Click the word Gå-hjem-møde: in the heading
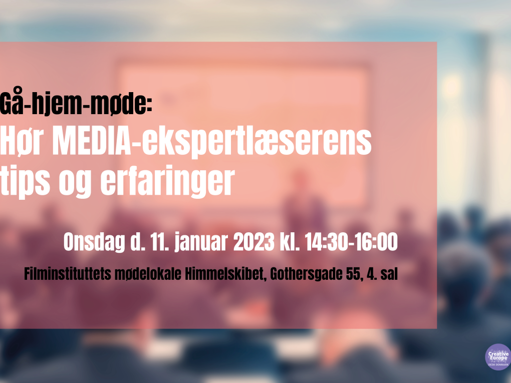[x=76, y=102]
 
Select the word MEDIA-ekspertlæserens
[x=212, y=142]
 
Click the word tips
[x=25, y=181]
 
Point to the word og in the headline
[x=75, y=185]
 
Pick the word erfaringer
[x=167, y=182]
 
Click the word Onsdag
[x=94, y=242]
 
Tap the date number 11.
[x=159, y=242]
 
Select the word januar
[x=201, y=242]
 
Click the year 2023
[x=254, y=242]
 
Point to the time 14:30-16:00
[x=351, y=242]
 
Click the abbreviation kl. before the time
[x=290, y=242]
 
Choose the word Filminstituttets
[x=68, y=274]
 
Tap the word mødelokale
[x=148, y=274]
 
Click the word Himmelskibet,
[x=226, y=274]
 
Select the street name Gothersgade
[x=306, y=274]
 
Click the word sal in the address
[x=389, y=274]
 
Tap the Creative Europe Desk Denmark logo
[x=498, y=357]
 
